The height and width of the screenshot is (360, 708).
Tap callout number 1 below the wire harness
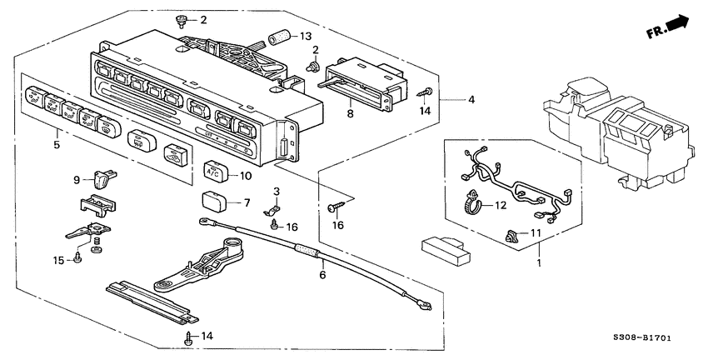point(537,262)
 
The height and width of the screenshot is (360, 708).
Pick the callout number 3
point(277,192)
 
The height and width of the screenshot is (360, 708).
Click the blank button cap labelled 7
point(212,200)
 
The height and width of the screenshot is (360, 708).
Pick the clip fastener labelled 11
point(510,237)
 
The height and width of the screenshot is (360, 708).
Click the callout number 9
point(77,178)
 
